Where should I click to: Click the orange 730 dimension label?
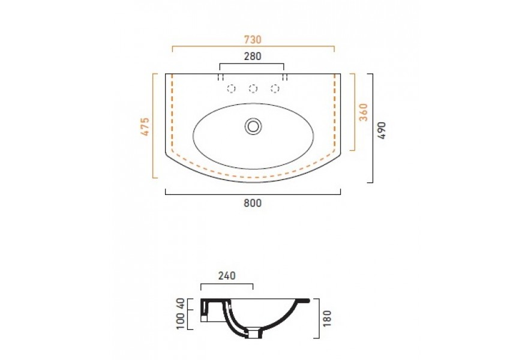pos(253,40)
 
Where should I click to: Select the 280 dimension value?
pos(253,56)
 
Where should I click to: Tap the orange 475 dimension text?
pos(145,127)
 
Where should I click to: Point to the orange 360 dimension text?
pos(364,112)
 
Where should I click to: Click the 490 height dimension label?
pos(382,130)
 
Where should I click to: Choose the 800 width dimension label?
pos(253,203)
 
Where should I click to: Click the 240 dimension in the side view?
pos(227,276)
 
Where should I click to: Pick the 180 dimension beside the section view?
pos(327,318)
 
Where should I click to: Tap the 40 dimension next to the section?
pos(181,304)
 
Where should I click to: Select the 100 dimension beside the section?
pos(181,321)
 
